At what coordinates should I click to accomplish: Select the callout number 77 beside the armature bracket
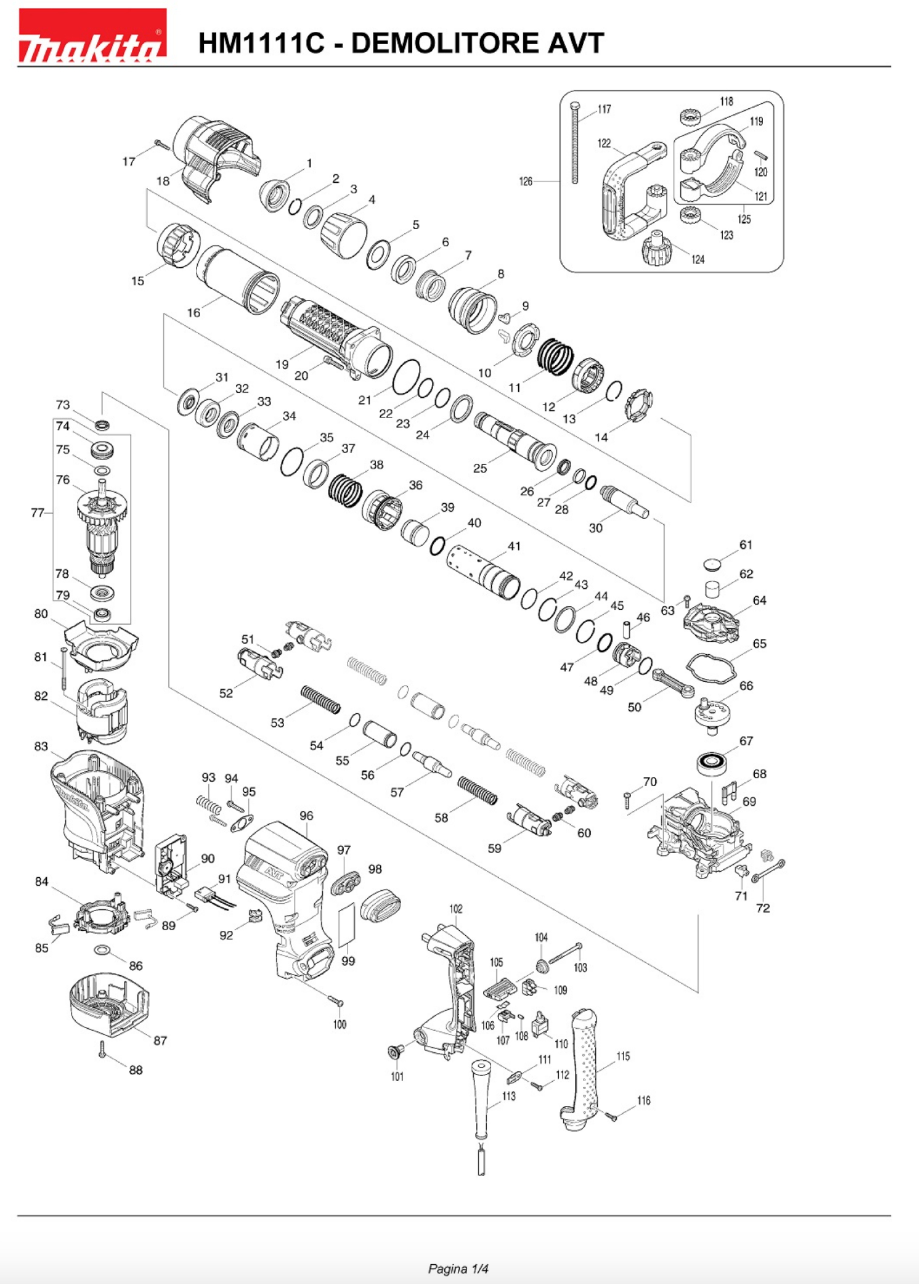coord(37,513)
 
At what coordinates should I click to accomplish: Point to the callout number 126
coord(526,182)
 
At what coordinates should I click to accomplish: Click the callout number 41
coord(514,546)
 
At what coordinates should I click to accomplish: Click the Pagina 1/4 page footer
coord(458,1253)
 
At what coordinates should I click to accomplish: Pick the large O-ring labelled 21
coord(406,376)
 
